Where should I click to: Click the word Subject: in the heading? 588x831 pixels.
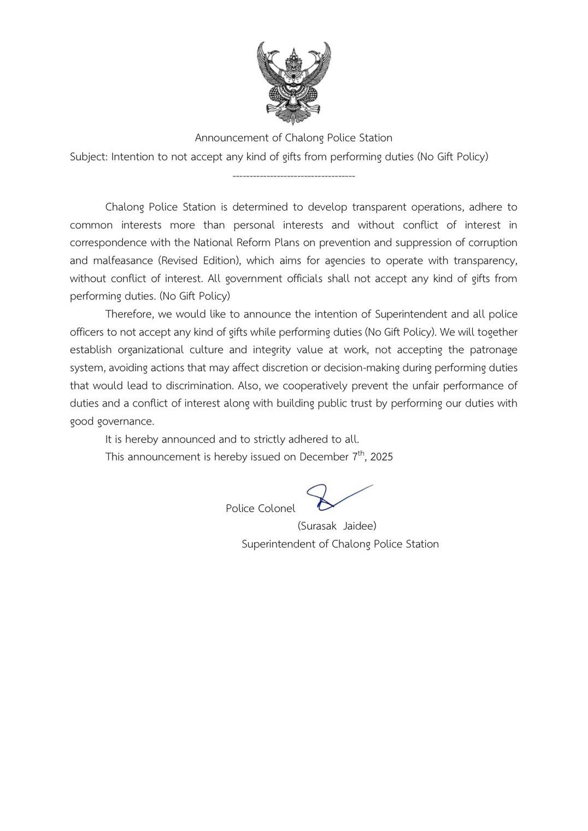click(89, 157)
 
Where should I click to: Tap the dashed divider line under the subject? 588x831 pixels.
click(293, 176)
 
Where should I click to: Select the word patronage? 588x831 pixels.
click(493, 350)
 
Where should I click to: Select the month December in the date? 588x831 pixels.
click(324, 457)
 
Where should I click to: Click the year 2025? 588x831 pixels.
click(381, 457)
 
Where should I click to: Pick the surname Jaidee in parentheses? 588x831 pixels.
click(360, 526)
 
